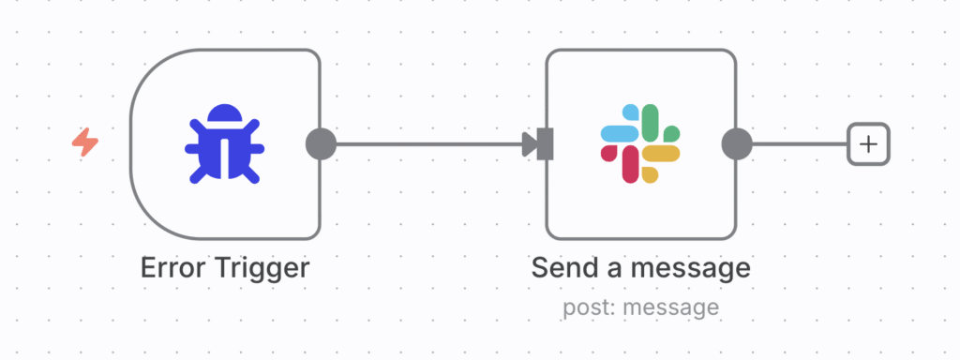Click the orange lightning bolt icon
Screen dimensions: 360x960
point(85,143)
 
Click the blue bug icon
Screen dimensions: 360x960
point(225,143)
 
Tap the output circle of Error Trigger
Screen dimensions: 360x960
point(321,144)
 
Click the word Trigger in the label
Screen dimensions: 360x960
point(261,268)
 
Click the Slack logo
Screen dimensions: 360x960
point(640,143)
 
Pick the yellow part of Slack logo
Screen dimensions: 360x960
point(662,154)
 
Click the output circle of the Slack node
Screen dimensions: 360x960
point(737,144)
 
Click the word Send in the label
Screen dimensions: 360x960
point(565,268)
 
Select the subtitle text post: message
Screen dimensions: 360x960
point(640,307)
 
